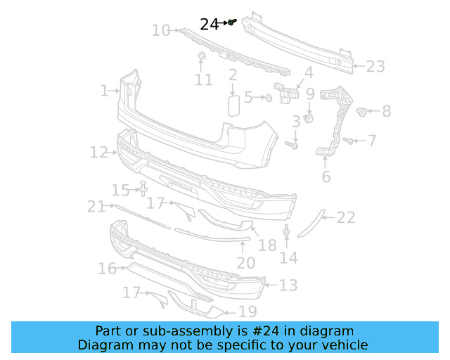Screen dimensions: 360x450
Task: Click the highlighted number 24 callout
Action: click(x=210, y=24)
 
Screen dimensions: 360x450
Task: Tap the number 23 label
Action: click(x=375, y=67)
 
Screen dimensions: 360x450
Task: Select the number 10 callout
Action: click(x=161, y=30)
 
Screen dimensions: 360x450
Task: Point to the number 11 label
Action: click(x=203, y=80)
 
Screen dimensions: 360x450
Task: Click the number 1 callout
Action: click(x=104, y=91)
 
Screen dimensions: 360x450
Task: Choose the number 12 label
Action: click(x=98, y=152)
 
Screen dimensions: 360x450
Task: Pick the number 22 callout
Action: click(x=346, y=218)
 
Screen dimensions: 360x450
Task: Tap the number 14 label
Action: click(x=288, y=258)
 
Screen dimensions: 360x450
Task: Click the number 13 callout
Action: click(x=288, y=285)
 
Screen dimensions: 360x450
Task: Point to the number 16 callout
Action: click(x=107, y=269)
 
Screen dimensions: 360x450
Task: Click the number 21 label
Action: click(x=96, y=206)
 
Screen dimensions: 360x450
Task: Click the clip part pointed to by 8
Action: click(x=363, y=111)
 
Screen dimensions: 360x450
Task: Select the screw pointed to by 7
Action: click(x=347, y=141)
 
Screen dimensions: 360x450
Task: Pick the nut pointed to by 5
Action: click(x=268, y=98)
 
